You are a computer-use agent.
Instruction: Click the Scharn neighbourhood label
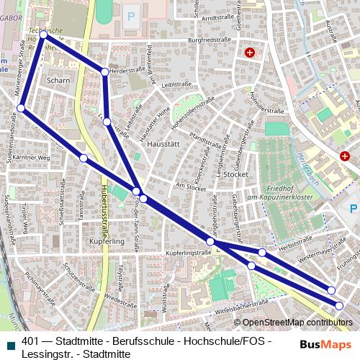(58, 81)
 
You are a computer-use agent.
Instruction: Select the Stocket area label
(235, 174)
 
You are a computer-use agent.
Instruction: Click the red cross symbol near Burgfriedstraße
(250, 53)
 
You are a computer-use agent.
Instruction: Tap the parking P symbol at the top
(131, 15)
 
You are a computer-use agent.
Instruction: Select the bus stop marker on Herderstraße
(105, 72)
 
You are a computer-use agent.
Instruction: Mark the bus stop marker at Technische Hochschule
(44, 34)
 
